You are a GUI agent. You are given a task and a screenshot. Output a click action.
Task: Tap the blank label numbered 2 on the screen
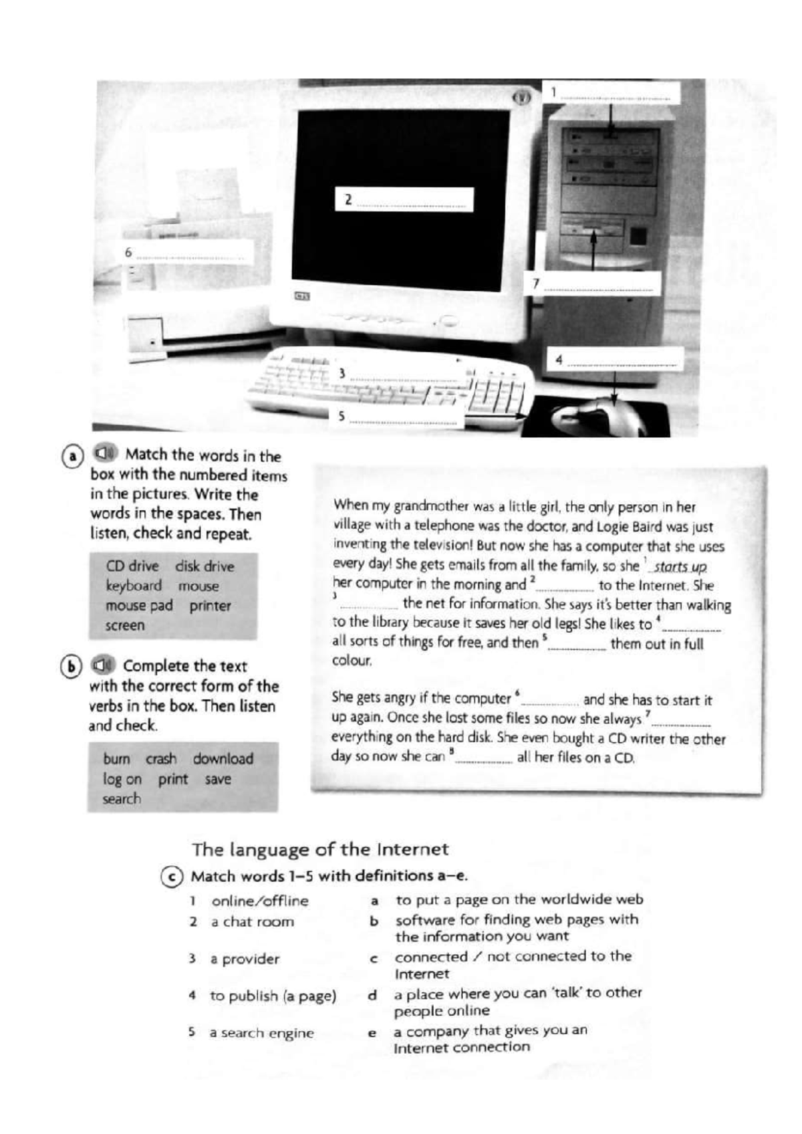(404, 200)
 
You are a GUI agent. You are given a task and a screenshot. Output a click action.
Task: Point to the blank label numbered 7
(595, 284)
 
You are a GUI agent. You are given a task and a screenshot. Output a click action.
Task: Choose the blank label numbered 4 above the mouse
(616, 360)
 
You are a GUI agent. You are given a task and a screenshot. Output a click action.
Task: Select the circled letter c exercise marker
(171, 877)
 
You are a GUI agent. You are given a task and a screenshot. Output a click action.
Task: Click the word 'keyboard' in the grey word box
(134, 586)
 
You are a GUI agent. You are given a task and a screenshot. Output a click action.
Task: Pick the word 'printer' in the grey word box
(210, 606)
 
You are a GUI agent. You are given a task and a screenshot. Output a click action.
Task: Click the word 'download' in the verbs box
(223, 759)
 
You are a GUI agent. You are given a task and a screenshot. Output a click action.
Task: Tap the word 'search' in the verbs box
(122, 799)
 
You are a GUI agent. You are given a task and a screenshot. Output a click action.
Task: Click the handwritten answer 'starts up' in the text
(680, 567)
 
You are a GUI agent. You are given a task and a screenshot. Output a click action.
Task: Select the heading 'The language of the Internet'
(320, 849)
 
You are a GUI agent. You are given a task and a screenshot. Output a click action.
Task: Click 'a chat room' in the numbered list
(252, 922)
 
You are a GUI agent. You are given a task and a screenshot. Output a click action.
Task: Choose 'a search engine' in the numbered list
(261, 1033)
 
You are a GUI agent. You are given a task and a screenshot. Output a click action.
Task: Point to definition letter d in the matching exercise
(372, 995)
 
